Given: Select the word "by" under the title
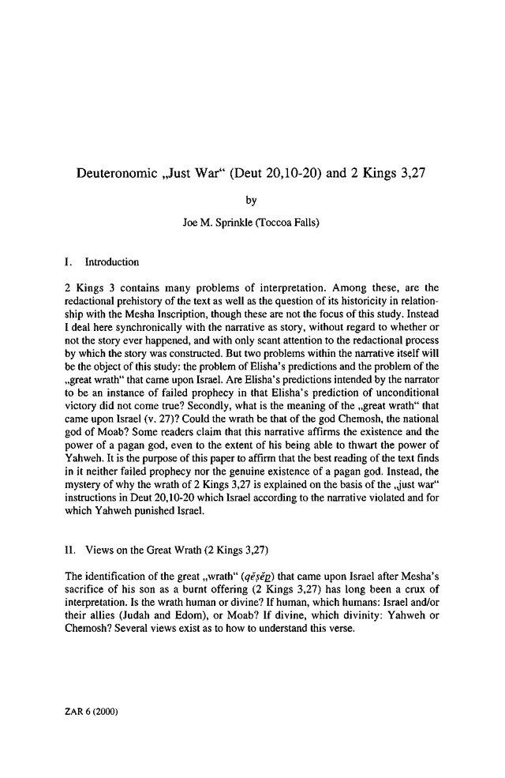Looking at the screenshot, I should (x=252, y=200).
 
